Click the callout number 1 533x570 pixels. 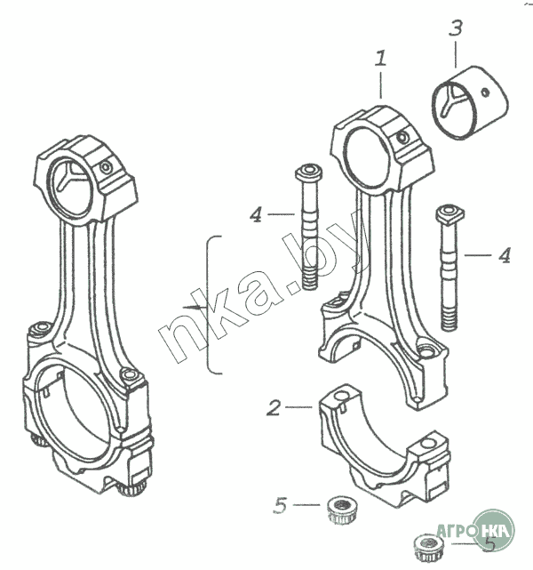point(381,60)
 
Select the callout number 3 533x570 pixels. point(456,28)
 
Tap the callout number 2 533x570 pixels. point(274,408)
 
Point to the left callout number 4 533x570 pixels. point(257,213)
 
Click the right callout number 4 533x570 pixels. point(504,255)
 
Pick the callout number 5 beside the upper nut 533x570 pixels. point(281,506)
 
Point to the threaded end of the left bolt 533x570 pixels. point(309,272)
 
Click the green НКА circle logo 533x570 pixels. point(493,531)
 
